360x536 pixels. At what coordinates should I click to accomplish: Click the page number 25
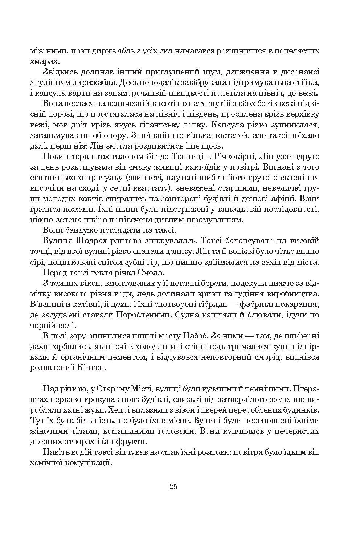[x=173, y=487]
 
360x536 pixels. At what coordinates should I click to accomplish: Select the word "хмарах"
[x=44, y=61]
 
